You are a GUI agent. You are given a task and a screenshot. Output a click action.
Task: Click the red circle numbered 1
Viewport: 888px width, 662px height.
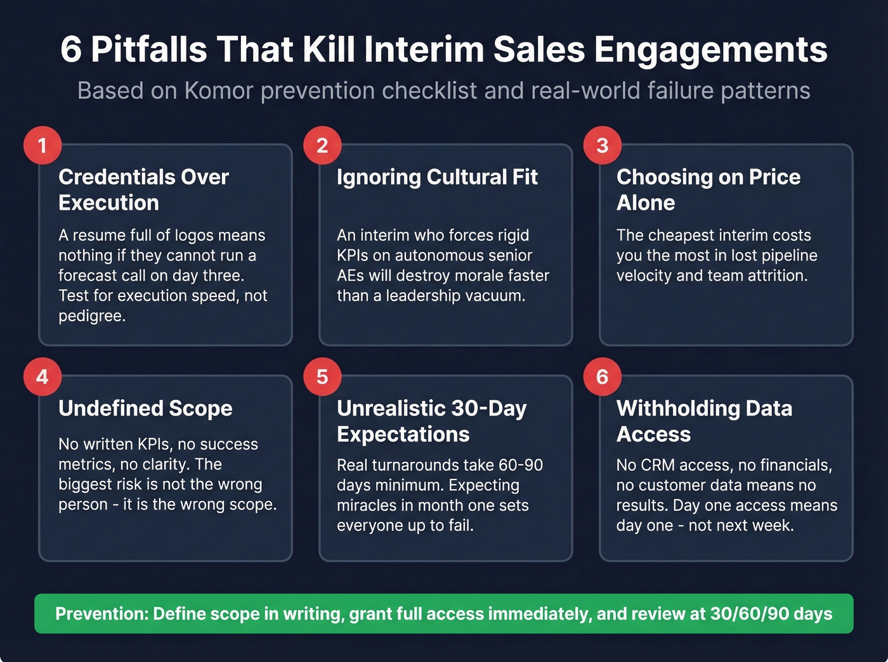pyautogui.click(x=42, y=145)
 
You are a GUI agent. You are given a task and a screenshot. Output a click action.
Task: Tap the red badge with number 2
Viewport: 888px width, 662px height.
pyautogui.click(x=322, y=145)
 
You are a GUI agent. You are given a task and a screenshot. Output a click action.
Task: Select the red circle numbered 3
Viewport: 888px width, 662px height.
pyautogui.click(x=602, y=145)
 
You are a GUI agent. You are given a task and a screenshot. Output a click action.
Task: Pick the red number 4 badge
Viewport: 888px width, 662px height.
pyautogui.click(x=42, y=376)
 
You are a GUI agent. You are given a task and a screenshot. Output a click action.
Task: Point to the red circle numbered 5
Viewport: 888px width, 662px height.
pyautogui.click(x=322, y=376)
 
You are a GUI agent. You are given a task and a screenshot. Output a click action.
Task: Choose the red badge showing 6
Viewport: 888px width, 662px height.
pyautogui.click(x=602, y=376)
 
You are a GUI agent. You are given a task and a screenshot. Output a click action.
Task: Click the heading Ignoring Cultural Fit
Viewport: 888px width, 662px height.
pyautogui.click(x=437, y=177)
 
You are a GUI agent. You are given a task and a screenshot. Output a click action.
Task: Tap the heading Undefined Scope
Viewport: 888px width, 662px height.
pyautogui.click(x=145, y=408)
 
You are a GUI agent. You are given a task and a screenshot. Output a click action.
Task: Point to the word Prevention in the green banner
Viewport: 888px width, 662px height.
pyautogui.click(x=101, y=614)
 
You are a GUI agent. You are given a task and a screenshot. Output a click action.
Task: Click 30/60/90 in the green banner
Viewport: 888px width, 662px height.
pyautogui.click(x=749, y=614)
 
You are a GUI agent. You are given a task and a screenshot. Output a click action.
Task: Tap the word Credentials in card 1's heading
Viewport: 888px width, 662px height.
pyautogui.click(x=117, y=177)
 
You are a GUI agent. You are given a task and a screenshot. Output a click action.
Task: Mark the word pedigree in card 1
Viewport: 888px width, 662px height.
pyautogui.click(x=91, y=315)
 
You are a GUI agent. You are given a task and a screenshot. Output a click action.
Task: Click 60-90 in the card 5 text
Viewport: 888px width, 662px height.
pyautogui.click(x=520, y=465)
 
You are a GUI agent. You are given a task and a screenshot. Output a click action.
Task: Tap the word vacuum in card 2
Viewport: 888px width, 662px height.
pyautogui.click(x=497, y=295)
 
